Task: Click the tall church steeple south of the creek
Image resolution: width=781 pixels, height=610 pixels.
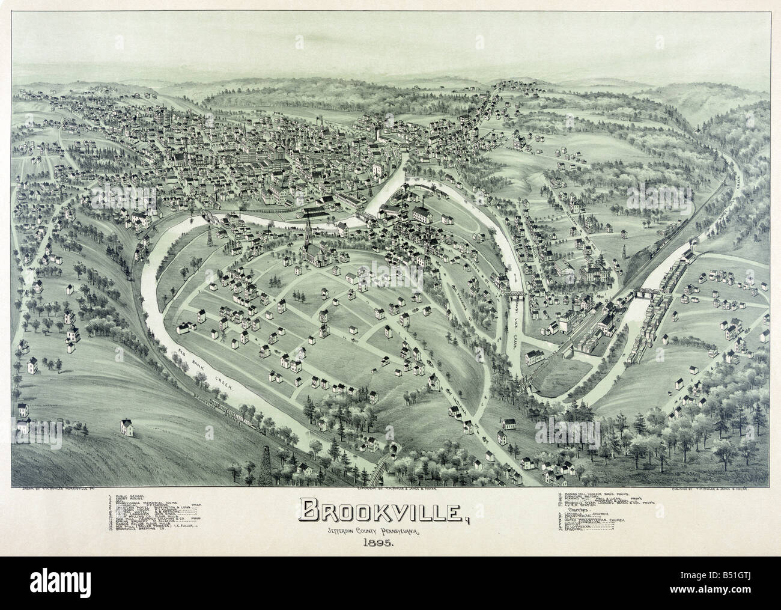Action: pyautogui.click(x=308, y=231)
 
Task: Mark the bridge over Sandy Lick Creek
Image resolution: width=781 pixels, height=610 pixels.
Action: pyautogui.click(x=515, y=294)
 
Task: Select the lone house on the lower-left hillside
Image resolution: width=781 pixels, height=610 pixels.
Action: pyautogui.click(x=127, y=427)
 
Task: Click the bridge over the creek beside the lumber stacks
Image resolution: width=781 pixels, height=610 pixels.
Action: pyautogui.click(x=647, y=293)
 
